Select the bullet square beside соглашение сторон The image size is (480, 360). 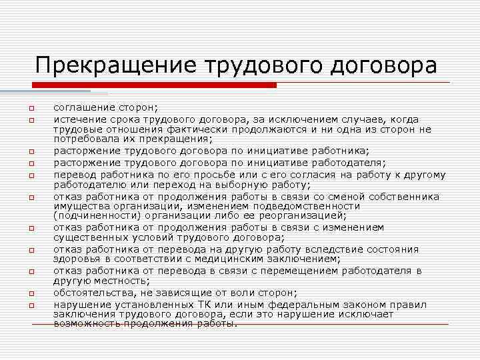31,109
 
